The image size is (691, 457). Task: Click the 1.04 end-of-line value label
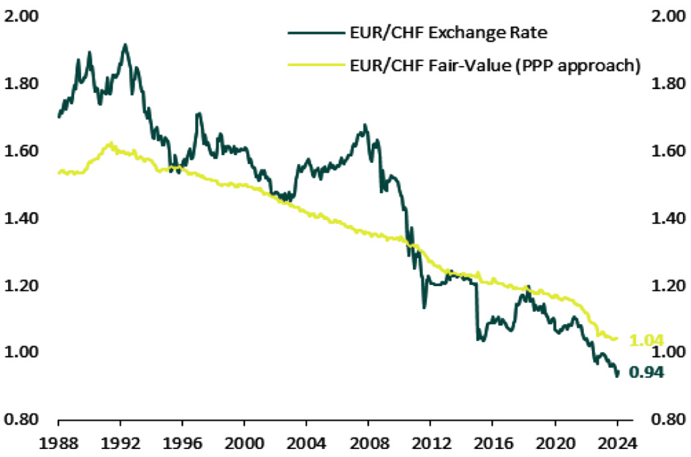tap(647, 341)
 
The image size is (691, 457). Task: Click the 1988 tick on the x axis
tap(59, 445)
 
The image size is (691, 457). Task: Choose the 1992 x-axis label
tap(121, 445)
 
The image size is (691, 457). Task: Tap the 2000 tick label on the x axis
tap(244, 445)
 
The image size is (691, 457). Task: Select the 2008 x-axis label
tap(368, 445)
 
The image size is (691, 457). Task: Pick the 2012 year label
tap(431, 445)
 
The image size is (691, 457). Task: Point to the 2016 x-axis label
tap(493, 445)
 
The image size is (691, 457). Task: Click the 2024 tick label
tap(616, 445)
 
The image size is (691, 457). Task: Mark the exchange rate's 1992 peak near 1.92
tap(125, 45)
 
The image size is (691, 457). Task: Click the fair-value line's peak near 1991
tap(110, 143)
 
